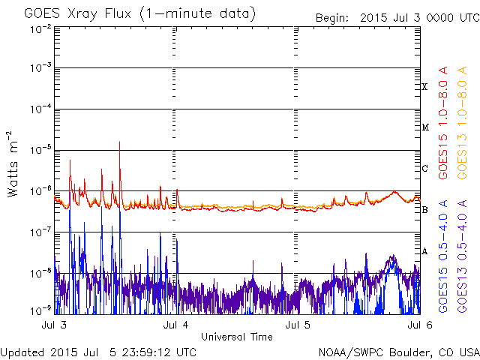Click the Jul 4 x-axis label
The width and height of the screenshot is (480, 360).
tap(175, 325)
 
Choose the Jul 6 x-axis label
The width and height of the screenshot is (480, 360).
tap(418, 325)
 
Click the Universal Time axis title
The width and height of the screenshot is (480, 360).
tap(236, 337)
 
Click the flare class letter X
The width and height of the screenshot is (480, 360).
tap(424, 87)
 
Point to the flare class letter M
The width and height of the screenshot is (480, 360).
tap(424, 127)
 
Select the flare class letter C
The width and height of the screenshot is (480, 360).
tap(424, 169)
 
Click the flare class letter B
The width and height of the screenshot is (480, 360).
tap(424, 210)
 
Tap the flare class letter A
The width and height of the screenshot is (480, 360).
tap(424, 251)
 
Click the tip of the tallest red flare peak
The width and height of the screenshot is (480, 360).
tap(119, 142)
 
